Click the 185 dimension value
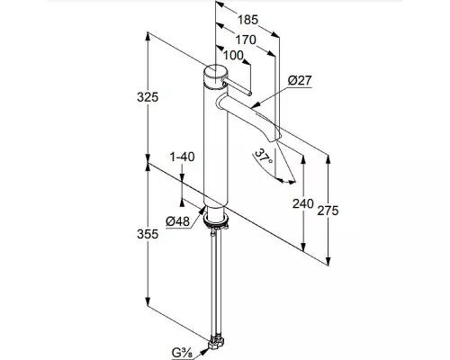point(247,20)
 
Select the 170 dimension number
point(246,40)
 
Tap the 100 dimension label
point(233,55)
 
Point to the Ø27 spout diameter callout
point(300,80)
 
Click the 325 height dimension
point(148,97)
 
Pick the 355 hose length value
point(148,234)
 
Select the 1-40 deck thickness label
point(182,157)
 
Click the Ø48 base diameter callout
point(178,221)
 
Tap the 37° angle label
point(264,157)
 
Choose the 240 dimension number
point(303,204)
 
